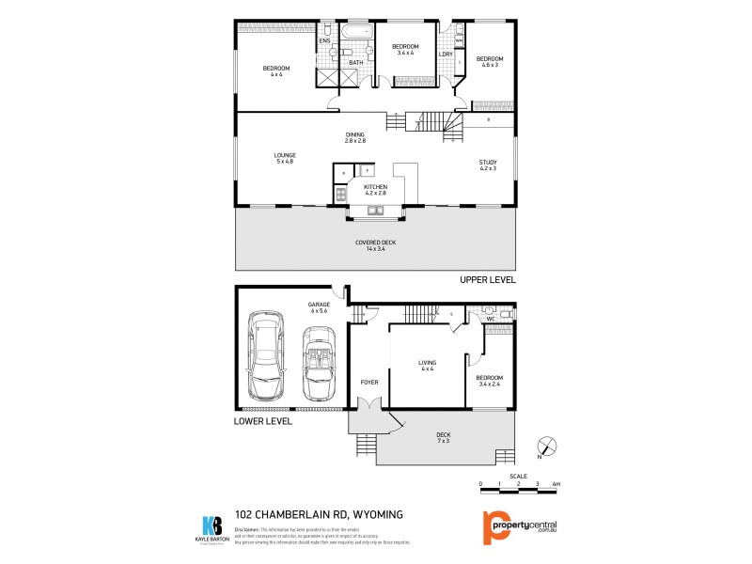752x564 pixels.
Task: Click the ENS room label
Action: click(324, 41)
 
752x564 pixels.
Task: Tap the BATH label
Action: click(356, 63)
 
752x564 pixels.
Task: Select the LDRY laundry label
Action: click(446, 54)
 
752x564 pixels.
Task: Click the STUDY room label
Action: click(488, 162)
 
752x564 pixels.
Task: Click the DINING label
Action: click(354, 134)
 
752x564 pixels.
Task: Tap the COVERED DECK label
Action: click(375, 243)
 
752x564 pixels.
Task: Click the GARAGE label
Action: click(320, 305)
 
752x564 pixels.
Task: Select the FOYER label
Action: click(369, 382)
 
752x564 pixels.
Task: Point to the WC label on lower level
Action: click(491, 320)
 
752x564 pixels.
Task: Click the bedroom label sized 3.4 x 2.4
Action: click(490, 379)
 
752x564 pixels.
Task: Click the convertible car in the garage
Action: click(318, 364)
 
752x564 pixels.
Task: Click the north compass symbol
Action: click(546, 447)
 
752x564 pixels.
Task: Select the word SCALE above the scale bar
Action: click(519, 475)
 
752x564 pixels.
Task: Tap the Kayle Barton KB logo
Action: click(213, 525)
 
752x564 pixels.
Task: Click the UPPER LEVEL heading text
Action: click(487, 280)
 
